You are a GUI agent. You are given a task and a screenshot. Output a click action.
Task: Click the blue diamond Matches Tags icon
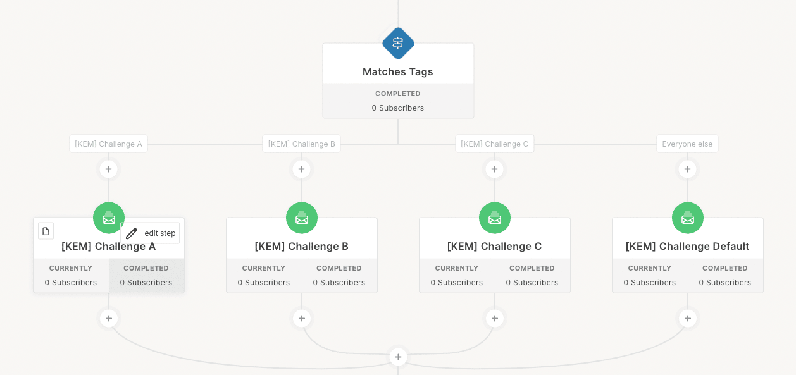click(398, 44)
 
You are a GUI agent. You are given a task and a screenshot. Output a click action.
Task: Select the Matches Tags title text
click(397, 71)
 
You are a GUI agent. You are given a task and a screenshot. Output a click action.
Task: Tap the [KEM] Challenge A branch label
click(108, 144)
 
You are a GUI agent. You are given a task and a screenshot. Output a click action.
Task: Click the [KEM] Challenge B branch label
click(301, 144)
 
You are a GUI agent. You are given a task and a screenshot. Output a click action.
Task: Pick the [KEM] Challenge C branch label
click(495, 144)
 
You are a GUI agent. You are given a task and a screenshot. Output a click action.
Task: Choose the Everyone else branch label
click(687, 144)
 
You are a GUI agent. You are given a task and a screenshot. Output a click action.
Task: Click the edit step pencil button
click(151, 233)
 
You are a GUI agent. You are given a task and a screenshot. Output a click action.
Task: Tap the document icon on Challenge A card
click(46, 231)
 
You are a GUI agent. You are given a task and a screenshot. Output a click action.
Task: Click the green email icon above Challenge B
click(302, 218)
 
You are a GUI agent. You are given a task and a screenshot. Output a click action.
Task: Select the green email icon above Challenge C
click(495, 218)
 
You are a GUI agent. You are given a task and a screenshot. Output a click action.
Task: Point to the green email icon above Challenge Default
click(688, 218)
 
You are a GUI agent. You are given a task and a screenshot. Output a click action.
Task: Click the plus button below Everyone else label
click(687, 169)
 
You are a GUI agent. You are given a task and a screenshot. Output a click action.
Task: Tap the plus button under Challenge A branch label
click(108, 169)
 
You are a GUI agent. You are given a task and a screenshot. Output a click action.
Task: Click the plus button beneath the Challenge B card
click(302, 318)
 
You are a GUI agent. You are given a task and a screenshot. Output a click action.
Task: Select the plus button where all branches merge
click(398, 357)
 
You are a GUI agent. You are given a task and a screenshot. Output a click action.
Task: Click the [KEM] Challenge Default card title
click(687, 247)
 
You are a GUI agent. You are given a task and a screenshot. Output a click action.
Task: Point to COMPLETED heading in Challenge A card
click(146, 268)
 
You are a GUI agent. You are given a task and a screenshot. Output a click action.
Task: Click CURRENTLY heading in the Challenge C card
click(457, 268)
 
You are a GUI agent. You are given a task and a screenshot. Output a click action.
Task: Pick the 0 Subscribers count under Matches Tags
click(397, 108)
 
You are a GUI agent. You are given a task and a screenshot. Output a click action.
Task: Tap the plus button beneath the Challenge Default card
click(688, 318)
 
